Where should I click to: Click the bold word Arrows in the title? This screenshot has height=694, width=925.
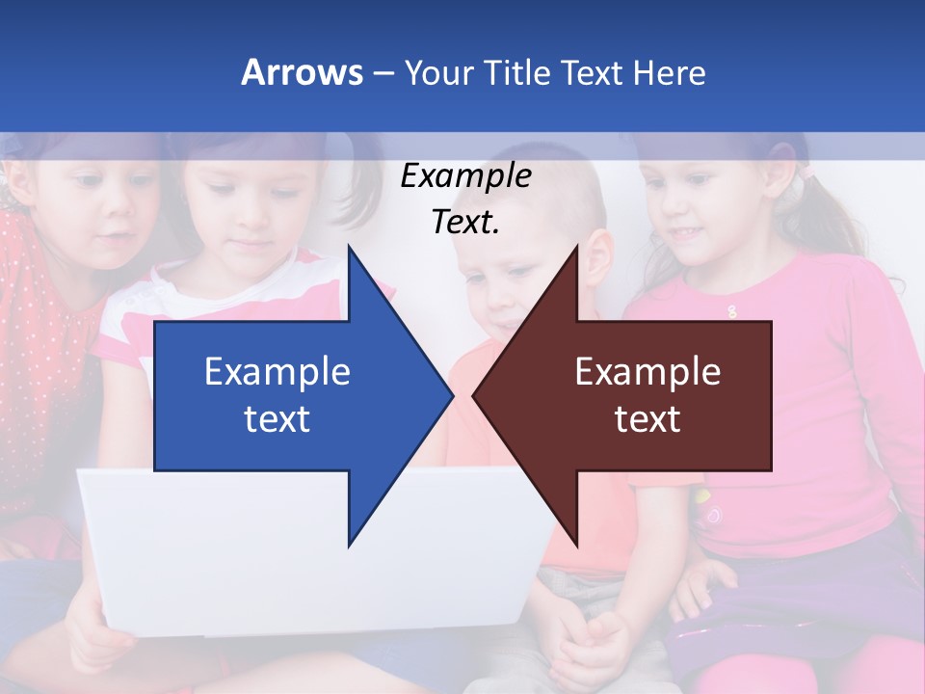302,72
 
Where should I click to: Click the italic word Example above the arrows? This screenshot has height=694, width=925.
465,176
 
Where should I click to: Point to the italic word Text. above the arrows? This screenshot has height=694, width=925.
465,223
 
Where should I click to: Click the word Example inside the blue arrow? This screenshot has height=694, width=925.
277,371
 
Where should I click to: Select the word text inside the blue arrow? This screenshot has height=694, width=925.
277,419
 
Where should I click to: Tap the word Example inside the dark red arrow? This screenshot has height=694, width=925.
647,371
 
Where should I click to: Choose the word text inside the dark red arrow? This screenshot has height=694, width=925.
647,419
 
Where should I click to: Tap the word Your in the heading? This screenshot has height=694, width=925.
436,72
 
